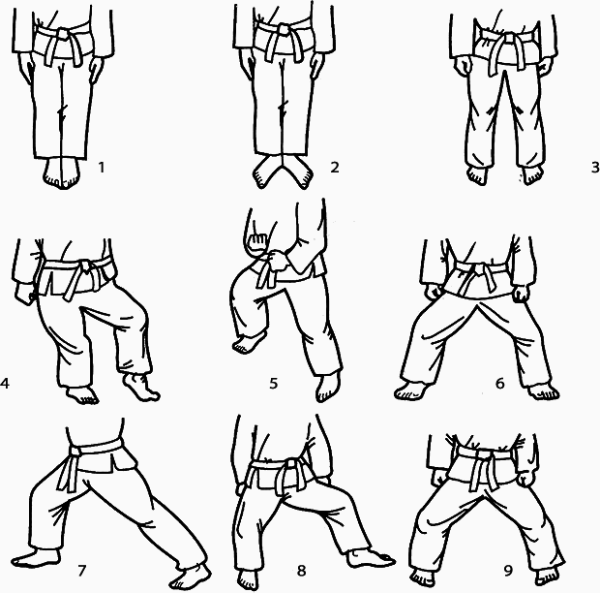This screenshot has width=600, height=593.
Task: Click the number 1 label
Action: tap(102, 168)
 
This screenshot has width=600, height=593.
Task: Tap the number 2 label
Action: tap(335, 168)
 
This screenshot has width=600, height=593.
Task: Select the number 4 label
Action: tap(5, 383)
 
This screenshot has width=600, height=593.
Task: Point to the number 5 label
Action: tap(273, 383)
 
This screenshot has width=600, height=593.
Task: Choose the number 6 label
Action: tap(499, 383)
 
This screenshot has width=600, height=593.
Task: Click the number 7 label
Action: tap(82, 571)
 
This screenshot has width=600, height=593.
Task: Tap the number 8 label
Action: tap(302, 571)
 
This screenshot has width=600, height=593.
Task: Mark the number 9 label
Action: tap(508, 571)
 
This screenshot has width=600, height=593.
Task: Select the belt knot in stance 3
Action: tap(509, 39)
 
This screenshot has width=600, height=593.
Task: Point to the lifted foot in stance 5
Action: tap(245, 344)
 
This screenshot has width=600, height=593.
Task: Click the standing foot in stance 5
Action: tap(327, 387)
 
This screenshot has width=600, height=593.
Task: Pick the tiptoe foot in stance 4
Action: tap(141, 388)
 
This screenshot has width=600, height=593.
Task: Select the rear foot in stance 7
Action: tap(35, 558)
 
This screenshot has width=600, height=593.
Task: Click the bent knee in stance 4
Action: tap(138, 309)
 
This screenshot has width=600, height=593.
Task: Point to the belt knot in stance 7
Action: tap(75, 453)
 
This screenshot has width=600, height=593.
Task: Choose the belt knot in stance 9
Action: tap(483, 455)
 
